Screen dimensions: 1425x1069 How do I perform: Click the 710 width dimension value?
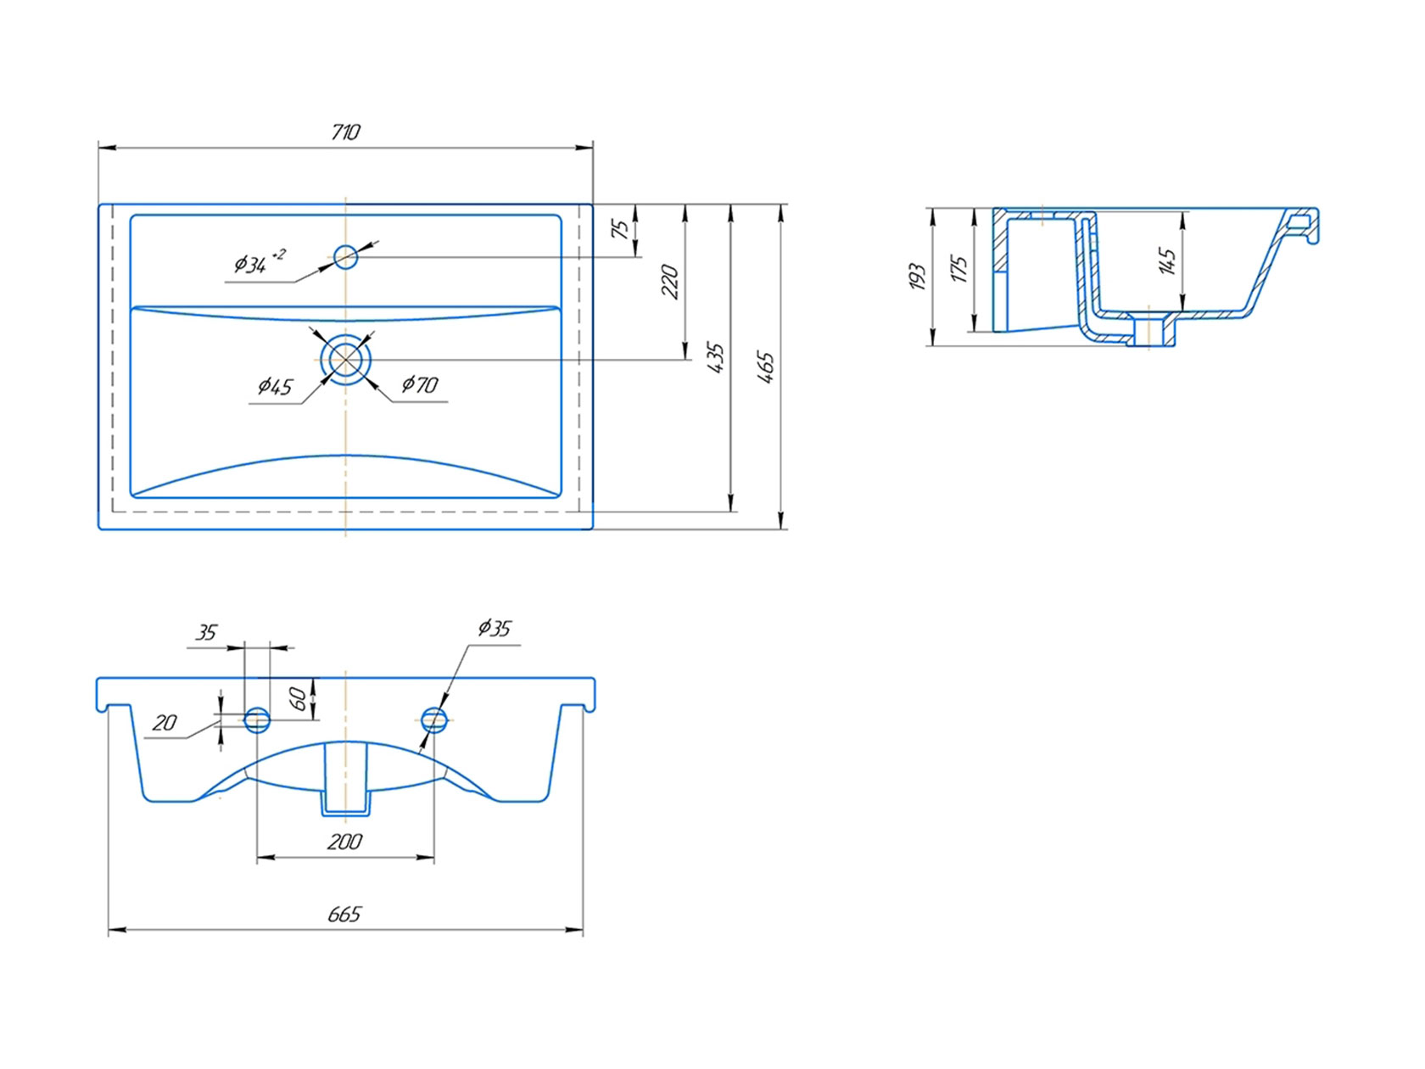[x=344, y=132]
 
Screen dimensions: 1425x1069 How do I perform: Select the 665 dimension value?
[x=344, y=915]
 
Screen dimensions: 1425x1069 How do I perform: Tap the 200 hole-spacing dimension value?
[x=344, y=842]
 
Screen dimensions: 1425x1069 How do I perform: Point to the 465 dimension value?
[x=766, y=368]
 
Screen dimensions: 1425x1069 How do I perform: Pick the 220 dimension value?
[x=670, y=282]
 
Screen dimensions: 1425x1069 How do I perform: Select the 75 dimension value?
[x=621, y=229]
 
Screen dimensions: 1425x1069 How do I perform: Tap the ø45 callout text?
[x=276, y=387]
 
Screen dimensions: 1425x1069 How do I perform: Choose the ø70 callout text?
[x=420, y=385]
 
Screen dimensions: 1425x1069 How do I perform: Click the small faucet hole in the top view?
[x=345, y=257]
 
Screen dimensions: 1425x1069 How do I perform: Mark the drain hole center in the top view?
[x=345, y=359]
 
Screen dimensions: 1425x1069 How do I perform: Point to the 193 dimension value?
[x=916, y=277]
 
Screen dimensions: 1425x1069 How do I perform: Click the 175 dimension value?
[x=959, y=269]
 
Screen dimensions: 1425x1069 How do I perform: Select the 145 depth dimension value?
[x=1166, y=261]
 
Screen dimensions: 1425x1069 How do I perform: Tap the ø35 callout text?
[x=495, y=629]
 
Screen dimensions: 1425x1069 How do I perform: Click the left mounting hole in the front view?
[x=257, y=720]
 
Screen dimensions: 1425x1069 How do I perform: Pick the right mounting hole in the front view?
[x=434, y=720]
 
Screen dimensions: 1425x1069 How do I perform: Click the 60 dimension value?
[x=299, y=699]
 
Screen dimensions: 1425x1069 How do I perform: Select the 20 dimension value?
[x=165, y=723]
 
